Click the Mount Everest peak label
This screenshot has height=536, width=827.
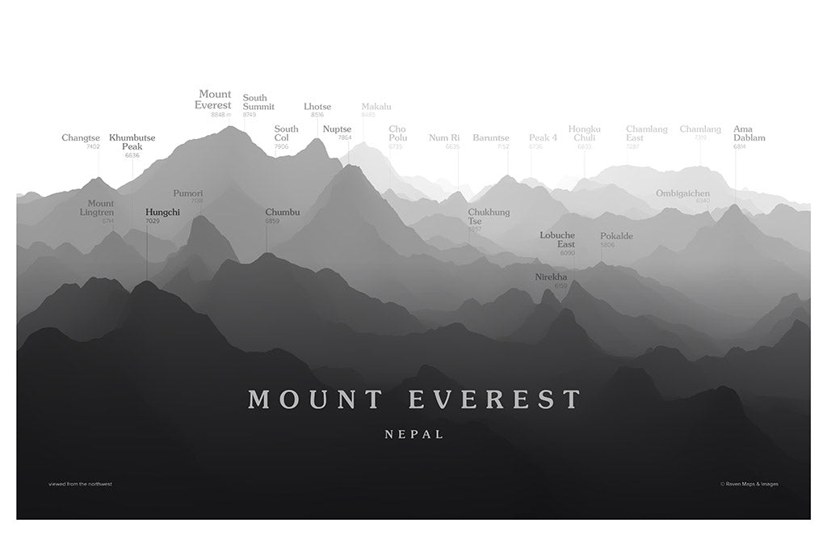pyautogui.click(x=215, y=100)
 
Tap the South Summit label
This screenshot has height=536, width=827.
pyautogui.click(x=258, y=103)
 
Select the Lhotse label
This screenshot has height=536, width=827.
pyautogui.click(x=317, y=107)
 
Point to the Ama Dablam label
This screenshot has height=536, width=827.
pyautogui.click(x=749, y=133)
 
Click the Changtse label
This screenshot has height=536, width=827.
pyautogui.click(x=81, y=138)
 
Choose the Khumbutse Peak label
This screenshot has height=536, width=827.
pyautogui.click(x=132, y=142)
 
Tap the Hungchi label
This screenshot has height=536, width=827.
pyautogui.click(x=162, y=212)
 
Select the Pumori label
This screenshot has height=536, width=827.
pyautogui.click(x=187, y=194)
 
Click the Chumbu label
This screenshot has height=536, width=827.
pyautogui.click(x=283, y=213)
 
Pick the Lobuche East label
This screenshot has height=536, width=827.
pyautogui.click(x=557, y=239)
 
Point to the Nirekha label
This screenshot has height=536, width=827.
pyautogui.click(x=551, y=277)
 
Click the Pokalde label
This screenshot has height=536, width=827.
pyautogui.click(x=616, y=236)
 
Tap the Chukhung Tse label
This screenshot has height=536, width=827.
pyautogui.click(x=489, y=216)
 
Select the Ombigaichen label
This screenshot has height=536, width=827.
pyautogui.click(x=682, y=193)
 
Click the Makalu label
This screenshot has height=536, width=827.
pyautogui.click(x=376, y=107)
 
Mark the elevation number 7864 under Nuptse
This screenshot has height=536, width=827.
pyautogui.click(x=345, y=138)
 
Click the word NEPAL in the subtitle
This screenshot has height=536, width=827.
pyautogui.click(x=414, y=434)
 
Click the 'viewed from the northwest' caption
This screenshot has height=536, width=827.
pyautogui.click(x=80, y=484)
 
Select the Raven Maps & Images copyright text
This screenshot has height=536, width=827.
pyautogui.click(x=749, y=484)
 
